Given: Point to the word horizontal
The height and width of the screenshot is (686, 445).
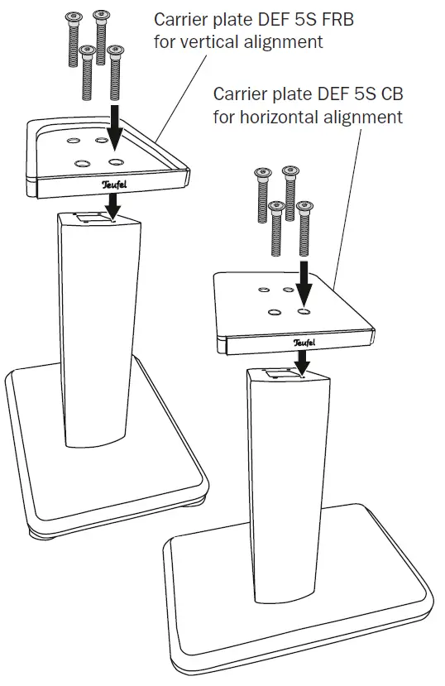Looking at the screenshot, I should [279, 117].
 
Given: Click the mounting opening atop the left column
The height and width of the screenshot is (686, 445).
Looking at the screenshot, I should [91, 218].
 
